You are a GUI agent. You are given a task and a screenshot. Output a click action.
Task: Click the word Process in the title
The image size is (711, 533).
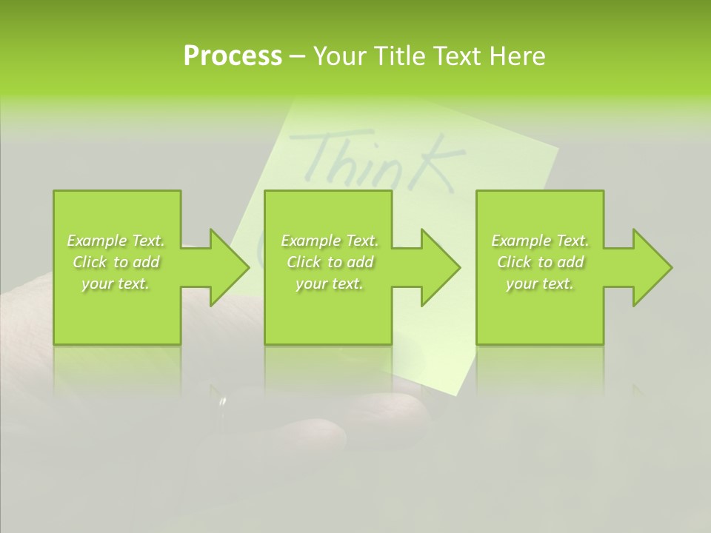233,56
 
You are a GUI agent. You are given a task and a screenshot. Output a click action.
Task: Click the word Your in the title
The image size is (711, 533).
338,56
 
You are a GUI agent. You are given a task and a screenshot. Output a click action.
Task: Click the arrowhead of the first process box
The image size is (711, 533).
230,267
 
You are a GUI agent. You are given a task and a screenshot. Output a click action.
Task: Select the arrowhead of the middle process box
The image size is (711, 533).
441,267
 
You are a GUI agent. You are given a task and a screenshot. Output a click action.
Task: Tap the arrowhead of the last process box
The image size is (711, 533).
652,267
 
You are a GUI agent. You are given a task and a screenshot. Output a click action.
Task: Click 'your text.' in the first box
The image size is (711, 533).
116,284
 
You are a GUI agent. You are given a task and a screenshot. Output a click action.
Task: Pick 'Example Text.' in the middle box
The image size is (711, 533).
330,241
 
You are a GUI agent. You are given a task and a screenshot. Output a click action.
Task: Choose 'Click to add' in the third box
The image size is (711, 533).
540,262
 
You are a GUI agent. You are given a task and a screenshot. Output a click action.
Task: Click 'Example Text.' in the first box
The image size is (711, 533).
116,241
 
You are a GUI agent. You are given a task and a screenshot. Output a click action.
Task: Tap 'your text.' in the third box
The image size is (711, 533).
540,284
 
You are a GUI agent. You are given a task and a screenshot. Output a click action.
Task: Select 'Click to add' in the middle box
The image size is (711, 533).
330,262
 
